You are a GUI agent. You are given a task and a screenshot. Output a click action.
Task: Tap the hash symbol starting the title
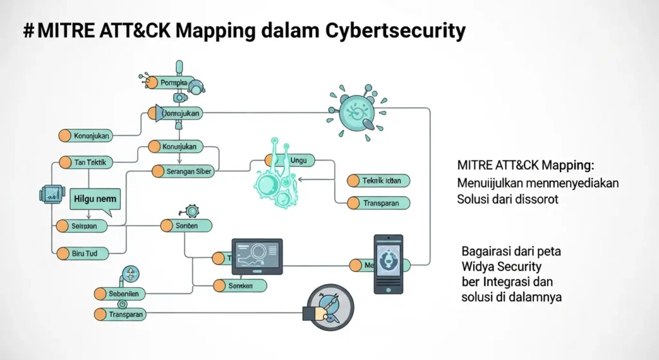click(28, 30)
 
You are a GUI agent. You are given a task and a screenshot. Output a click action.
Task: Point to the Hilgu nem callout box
click(95, 199)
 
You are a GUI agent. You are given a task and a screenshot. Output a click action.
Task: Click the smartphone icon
click(388, 263)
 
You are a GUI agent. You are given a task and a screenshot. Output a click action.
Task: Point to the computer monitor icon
click(256, 257)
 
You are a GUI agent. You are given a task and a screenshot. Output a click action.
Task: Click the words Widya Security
click(501, 266)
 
